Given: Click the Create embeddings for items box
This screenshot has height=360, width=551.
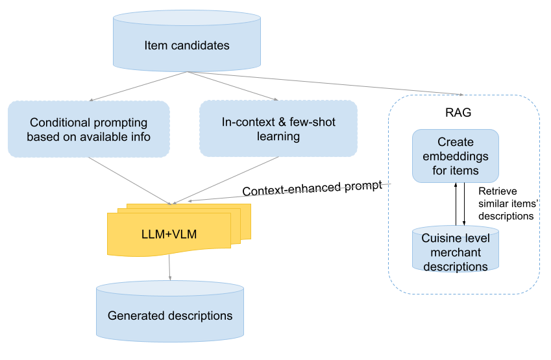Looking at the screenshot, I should tap(455, 156).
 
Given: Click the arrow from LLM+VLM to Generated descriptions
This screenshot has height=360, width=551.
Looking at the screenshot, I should tap(170, 267).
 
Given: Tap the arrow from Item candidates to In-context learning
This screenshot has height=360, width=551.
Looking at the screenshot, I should tap(234, 86).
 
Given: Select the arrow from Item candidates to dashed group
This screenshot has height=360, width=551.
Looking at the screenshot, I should tap(324, 84).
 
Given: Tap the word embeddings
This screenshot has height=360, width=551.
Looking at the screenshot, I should tap(455, 156).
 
